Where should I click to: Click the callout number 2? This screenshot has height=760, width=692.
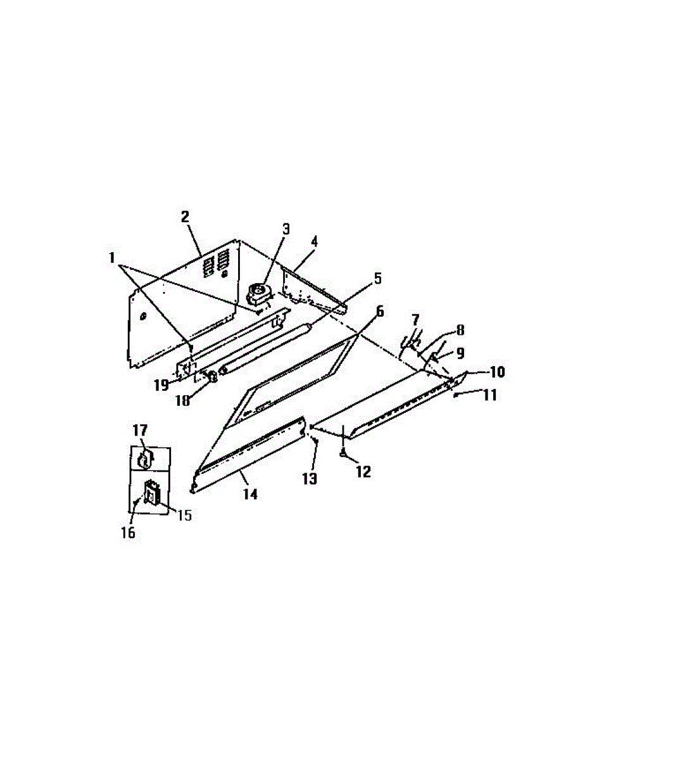[185, 217]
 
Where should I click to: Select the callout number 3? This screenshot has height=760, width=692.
[286, 228]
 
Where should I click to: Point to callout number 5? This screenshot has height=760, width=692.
[378, 277]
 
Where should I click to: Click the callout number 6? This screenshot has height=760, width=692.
[380, 311]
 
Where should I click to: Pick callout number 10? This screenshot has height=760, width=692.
[496, 372]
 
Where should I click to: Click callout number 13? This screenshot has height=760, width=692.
[309, 479]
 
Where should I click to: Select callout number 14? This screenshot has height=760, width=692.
[251, 494]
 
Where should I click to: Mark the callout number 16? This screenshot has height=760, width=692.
[128, 533]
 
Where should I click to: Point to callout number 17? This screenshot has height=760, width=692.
[139, 431]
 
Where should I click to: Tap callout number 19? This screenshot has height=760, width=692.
[160, 384]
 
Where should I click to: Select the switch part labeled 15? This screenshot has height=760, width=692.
[151, 491]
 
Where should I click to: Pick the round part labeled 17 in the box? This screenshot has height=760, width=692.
[145, 458]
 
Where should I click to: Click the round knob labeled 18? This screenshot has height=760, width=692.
[213, 378]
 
